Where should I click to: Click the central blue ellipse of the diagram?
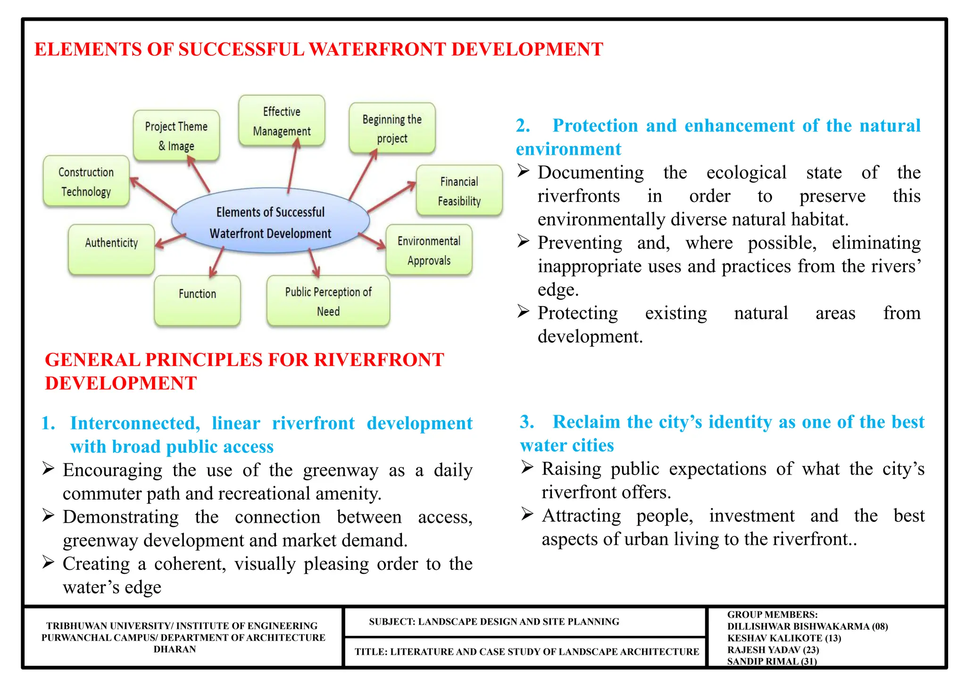(270, 221)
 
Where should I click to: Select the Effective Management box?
(282, 121)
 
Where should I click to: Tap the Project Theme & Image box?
(176, 136)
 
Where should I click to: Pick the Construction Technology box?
(86, 182)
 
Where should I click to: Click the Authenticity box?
(111, 249)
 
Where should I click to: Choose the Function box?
(197, 300)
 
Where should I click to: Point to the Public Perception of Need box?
(328, 301)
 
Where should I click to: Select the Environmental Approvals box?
(429, 250)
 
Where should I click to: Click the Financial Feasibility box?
(459, 191)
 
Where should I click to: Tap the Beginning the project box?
(392, 128)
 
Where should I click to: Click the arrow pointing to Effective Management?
(293, 167)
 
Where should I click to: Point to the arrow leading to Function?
(217, 262)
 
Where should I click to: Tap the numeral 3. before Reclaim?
(526, 422)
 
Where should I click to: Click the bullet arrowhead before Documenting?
(523, 171)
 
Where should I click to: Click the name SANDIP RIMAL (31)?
(772, 661)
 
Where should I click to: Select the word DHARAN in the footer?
(175, 649)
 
